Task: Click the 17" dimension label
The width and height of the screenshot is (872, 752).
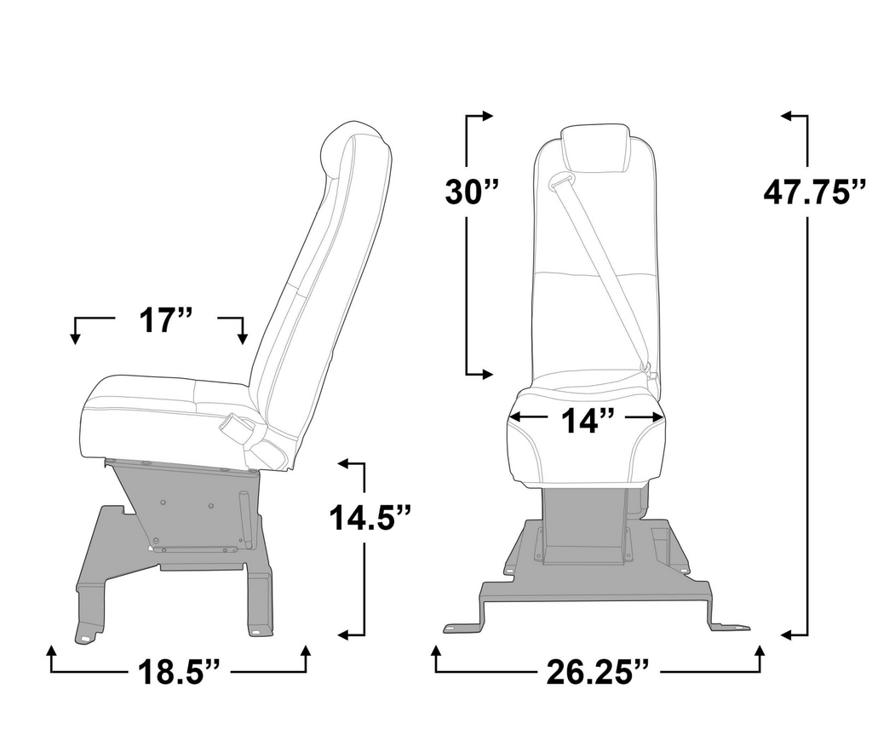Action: click(x=166, y=322)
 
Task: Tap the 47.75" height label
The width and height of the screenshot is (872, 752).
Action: click(x=814, y=192)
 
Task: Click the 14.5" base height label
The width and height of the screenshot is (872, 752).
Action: click(x=371, y=516)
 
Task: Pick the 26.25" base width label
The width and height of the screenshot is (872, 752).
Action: click(x=595, y=673)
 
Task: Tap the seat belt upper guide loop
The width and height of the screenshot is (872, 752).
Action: click(x=561, y=181)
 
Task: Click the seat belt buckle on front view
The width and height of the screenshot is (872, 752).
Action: click(x=647, y=369)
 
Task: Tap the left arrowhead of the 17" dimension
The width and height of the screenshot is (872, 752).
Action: click(x=75, y=338)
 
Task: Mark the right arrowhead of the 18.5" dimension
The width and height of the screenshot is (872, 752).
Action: click(x=306, y=652)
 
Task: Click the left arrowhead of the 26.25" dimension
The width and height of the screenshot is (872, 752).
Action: click(x=436, y=652)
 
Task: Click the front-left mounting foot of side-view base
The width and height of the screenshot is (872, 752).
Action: click(x=85, y=634)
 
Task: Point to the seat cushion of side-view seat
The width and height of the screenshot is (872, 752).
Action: click(x=162, y=413)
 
